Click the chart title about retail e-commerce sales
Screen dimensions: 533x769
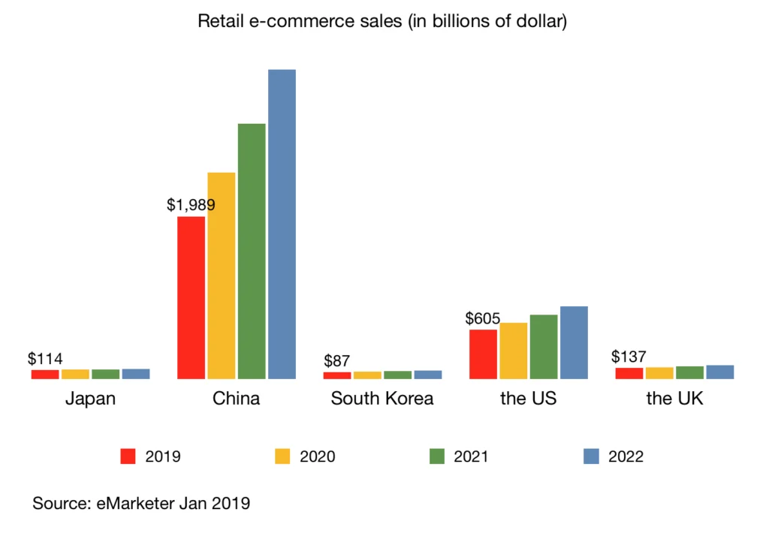coord(381,21)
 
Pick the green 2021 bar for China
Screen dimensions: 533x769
coord(252,251)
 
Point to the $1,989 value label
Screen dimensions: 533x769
coord(191,204)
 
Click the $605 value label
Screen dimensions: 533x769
coord(483,318)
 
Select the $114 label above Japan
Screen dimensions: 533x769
coord(45,359)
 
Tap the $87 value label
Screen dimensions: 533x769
coord(337,361)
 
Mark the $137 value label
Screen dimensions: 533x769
coord(629,357)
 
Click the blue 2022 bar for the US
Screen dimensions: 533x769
coord(574,342)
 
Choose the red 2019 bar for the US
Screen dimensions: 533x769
coord(483,354)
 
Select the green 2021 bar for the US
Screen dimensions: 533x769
coord(544,346)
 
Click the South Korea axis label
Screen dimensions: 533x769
coord(382,399)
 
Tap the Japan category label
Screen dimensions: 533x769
coord(90,399)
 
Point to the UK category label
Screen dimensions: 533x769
coord(674,399)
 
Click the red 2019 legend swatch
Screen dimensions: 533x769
coord(128,456)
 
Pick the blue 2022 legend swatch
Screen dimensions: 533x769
coord(591,456)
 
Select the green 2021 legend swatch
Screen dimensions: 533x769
coord(436,456)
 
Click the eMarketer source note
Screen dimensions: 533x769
coord(141,504)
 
